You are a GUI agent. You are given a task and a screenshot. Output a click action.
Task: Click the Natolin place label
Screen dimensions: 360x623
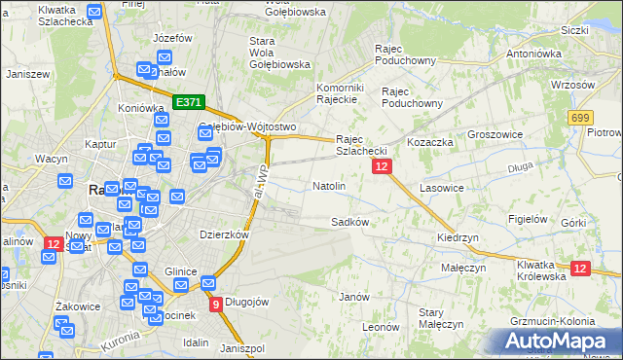coord(328,185)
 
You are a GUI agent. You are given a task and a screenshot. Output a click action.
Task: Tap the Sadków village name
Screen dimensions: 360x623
coord(349,222)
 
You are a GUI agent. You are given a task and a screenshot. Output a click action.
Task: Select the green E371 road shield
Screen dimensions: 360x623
coord(188,101)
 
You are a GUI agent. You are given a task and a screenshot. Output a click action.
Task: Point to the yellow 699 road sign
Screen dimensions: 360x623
coord(581,117)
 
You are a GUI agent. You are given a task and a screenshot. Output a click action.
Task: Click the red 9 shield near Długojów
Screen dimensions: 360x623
coord(215,305)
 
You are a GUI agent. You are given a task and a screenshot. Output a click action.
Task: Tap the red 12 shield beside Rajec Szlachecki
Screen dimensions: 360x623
coord(382,168)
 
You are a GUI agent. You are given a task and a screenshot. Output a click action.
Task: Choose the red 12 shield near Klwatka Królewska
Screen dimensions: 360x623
coord(580,269)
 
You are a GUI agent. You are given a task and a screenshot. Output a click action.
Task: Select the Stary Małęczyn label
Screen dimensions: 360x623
coord(431,318)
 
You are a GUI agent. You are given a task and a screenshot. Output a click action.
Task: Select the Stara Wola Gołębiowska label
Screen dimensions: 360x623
coord(279,53)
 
